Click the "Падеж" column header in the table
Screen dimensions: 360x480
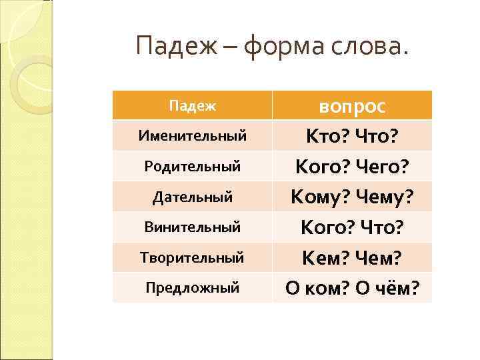tap(192, 105)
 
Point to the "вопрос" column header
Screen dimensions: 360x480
tap(353, 107)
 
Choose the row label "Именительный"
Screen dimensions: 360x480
tap(192, 136)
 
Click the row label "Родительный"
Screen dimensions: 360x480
tap(192, 167)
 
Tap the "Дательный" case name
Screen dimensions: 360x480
tap(192, 197)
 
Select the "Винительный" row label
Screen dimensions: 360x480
tap(192, 227)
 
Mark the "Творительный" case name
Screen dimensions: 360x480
tap(192, 257)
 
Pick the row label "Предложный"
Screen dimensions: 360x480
tap(192, 288)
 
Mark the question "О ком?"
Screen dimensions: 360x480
tap(315, 288)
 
